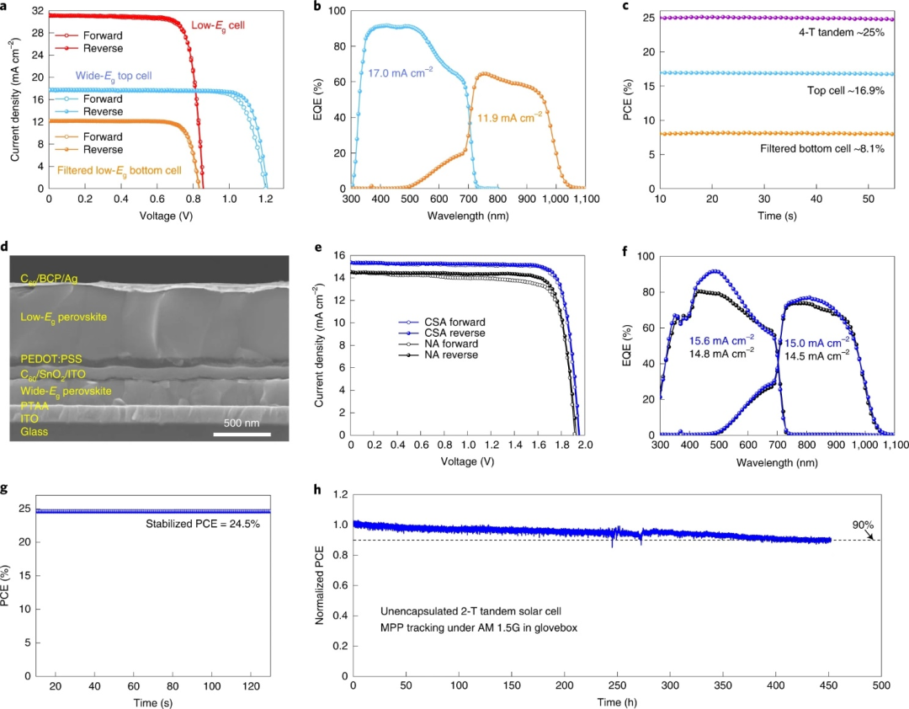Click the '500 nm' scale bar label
click(242, 421)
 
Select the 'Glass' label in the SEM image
click(34, 431)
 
